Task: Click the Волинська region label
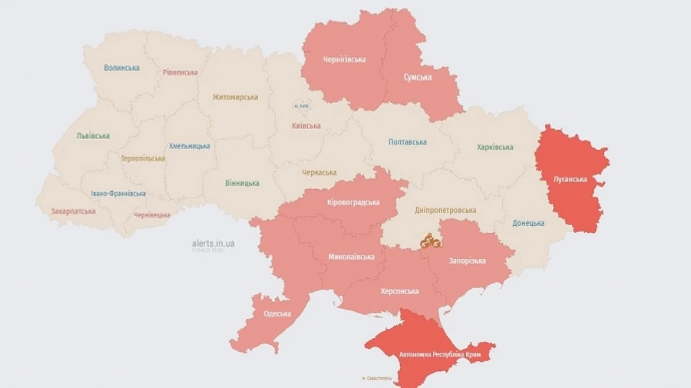coord(121,68)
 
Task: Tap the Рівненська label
coord(180,72)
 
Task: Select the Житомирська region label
coord(236,98)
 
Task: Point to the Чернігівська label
coord(344,59)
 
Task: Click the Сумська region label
coord(417,77)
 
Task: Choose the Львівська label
coord(93,136)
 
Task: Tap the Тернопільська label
coord(143,158)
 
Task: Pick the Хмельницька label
coord(189,146)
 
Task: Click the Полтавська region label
coord(408,142)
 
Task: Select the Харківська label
coord(494,147)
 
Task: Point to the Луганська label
coord(570,179)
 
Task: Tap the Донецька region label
coord(529,223)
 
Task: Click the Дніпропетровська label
coord(445,210)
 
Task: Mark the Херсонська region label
coord(399,291)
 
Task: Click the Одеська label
coord(276,313)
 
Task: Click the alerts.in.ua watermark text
coord(213,243)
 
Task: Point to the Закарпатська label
coord(73,211)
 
